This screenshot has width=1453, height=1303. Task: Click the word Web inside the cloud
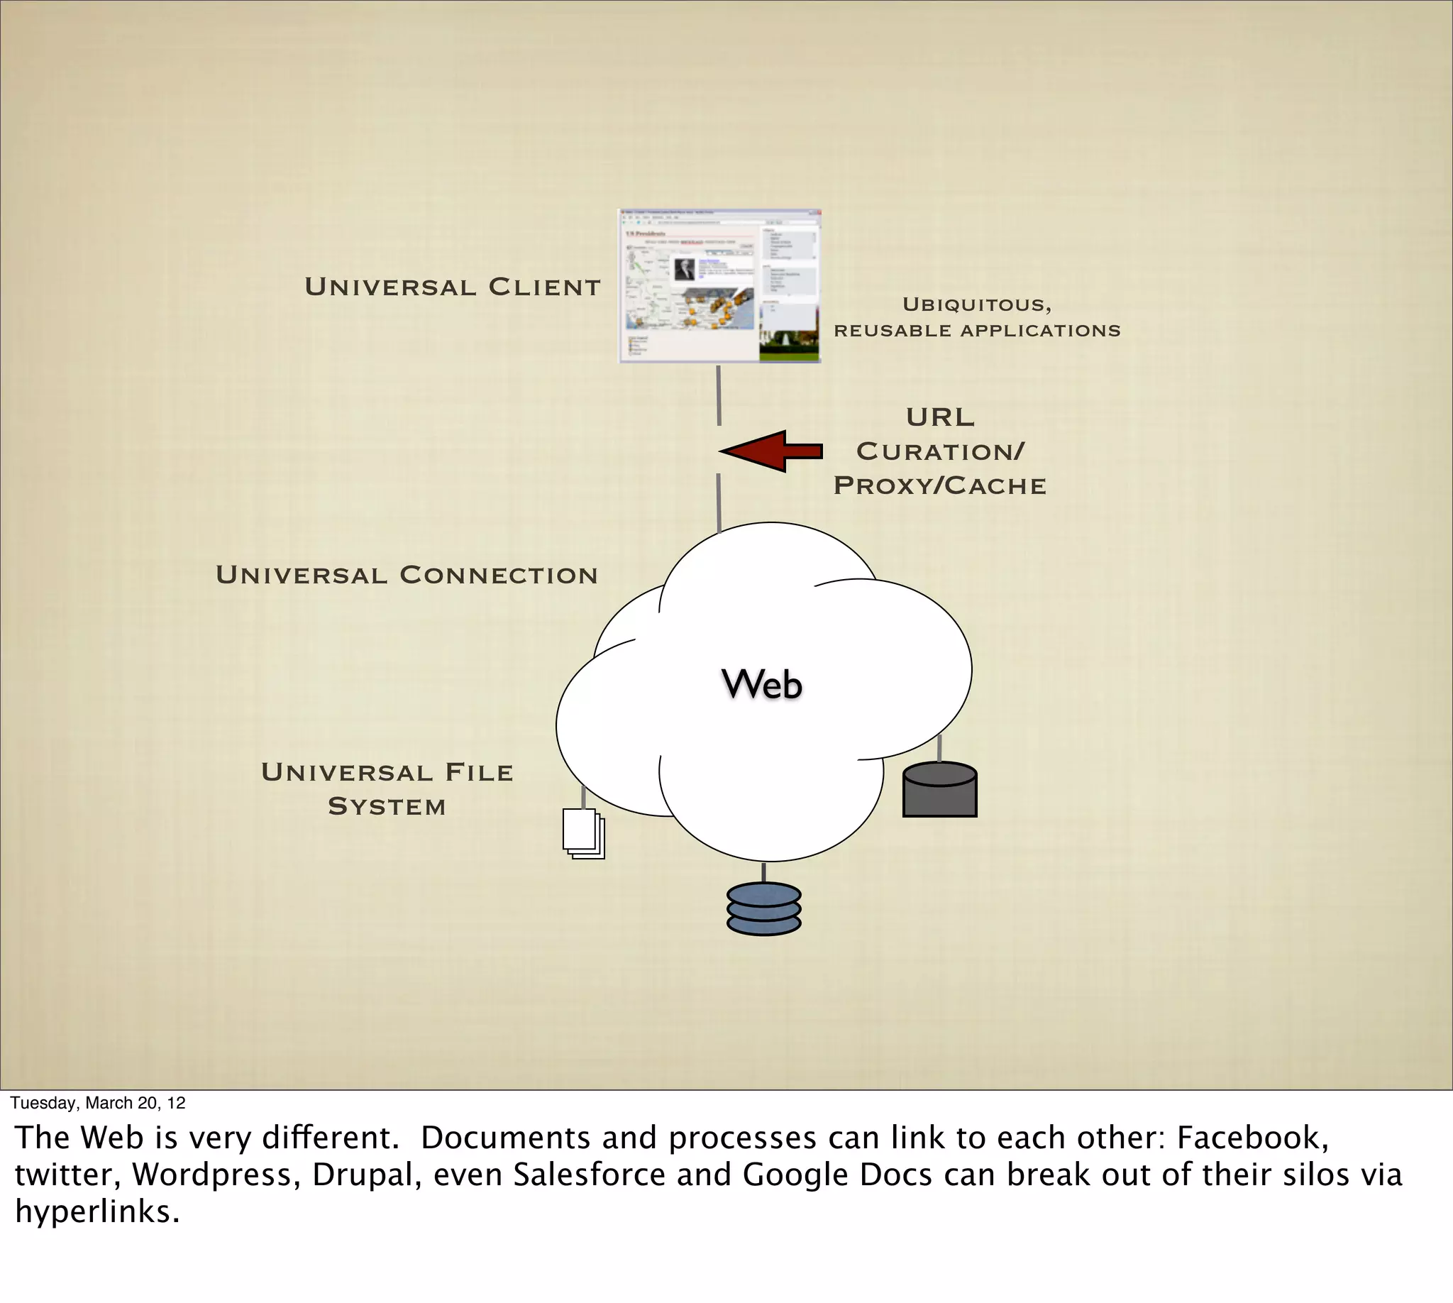tap(761, 684)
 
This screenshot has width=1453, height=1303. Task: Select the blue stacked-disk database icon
tap(763, 909)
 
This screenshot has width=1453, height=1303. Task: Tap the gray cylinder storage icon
tap(940, 790)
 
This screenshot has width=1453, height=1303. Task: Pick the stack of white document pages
tap(582, 833)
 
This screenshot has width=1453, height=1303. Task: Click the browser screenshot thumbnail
tap(719, 287)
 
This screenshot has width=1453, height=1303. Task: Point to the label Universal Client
tap(453, 287)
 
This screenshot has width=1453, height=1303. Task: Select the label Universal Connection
tap(407, 575)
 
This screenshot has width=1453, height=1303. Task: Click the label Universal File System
tap(387, 789)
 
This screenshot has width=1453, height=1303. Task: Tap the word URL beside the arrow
tap(940, 417)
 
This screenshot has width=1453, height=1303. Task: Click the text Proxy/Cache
tap(940, 486)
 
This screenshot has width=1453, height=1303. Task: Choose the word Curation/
tap(940, 452)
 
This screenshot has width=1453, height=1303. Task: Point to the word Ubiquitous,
tap(977, 305)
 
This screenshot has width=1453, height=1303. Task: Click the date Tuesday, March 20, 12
tap(98, 1103)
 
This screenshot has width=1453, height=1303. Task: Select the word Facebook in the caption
tap(1252, 1138)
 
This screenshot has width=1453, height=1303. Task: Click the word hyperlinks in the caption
tap(96, 1212)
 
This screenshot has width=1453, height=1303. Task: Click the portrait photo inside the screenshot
tap(685, 269)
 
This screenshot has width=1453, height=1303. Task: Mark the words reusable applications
tap(977, 331)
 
